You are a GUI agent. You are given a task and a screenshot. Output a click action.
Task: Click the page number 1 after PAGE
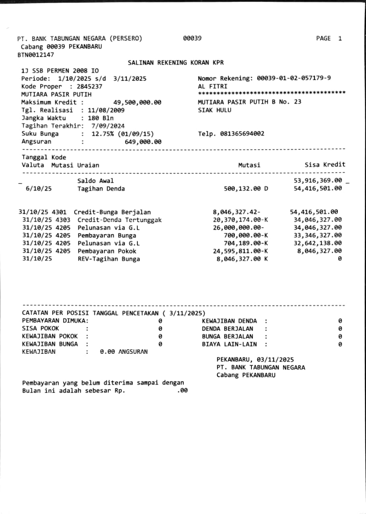point(340,39)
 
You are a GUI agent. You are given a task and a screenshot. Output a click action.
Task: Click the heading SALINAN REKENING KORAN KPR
point(176,63)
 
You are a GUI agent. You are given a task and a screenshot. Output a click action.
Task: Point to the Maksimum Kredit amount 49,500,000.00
point(137,102)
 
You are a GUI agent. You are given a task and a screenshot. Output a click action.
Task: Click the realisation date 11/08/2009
point(106,110)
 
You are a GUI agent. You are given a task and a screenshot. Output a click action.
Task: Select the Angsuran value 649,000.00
point(143,142)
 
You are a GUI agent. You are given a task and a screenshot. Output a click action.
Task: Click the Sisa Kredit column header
point(325,165)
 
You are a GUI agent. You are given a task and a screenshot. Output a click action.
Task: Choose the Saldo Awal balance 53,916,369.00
point(318,181)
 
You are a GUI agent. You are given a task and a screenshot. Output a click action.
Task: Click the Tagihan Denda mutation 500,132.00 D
point(245,188)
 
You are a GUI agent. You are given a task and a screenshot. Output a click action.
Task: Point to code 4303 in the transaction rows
point(64,220)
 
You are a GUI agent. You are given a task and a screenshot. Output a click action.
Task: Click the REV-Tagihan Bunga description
point(109,259)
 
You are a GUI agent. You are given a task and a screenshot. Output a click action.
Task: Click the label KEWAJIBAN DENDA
point(229,321)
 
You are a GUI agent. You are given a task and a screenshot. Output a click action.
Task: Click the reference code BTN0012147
point(35,55)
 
